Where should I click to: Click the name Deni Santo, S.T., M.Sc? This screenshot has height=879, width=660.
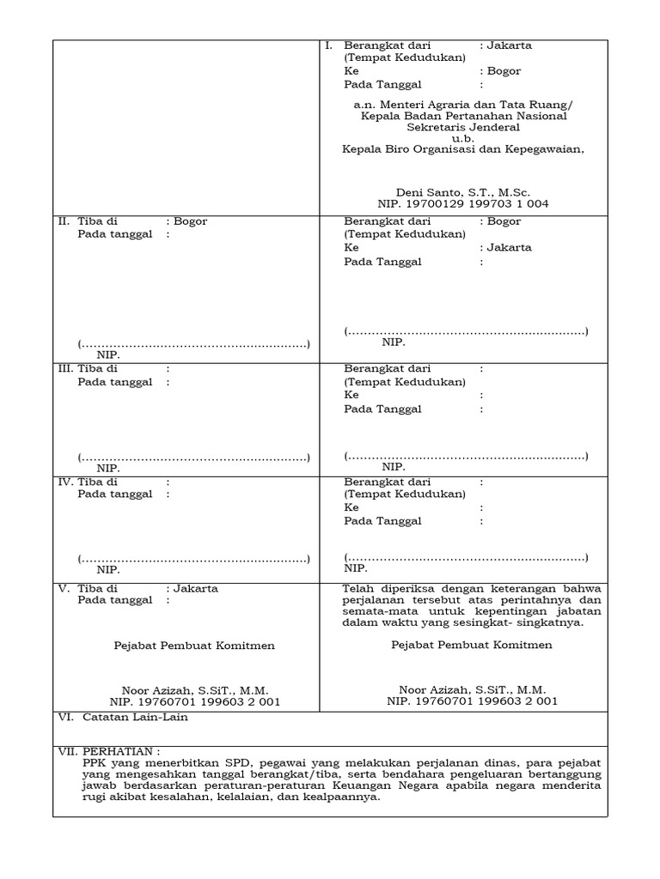click(463, 191)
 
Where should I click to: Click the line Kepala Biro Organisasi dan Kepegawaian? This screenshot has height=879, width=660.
click(462, 149)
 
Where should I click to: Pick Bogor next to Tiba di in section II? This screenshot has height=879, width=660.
click(190, 221)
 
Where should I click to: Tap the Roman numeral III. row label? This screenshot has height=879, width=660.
click(65, 369)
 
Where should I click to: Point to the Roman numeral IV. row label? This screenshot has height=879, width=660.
click(65, 482)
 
